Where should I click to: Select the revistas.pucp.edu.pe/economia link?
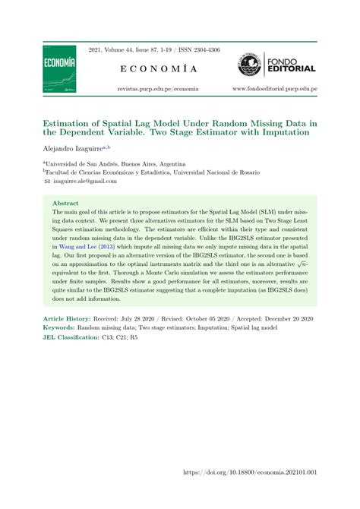point(158,90)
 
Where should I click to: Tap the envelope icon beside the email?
point(47,182)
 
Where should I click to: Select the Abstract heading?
point(65,204)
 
